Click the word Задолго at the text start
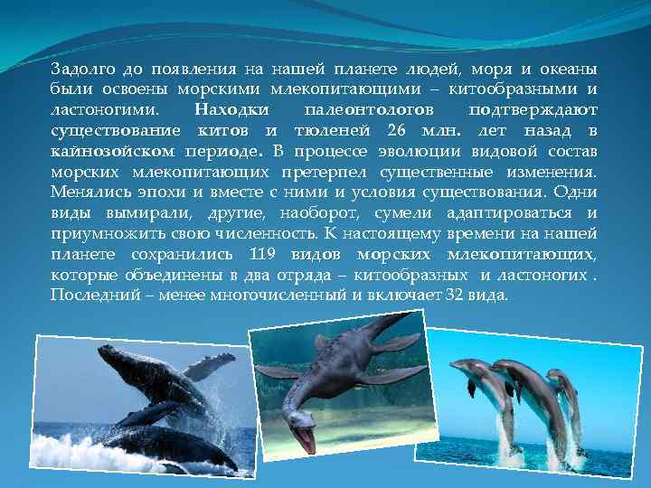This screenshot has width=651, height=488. click(x=80, y=70)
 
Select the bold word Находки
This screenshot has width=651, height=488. click(x=229, y=109)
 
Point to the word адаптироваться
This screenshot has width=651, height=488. click(x=513, y=212)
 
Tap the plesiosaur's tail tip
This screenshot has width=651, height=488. click(x=411, y=316)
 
